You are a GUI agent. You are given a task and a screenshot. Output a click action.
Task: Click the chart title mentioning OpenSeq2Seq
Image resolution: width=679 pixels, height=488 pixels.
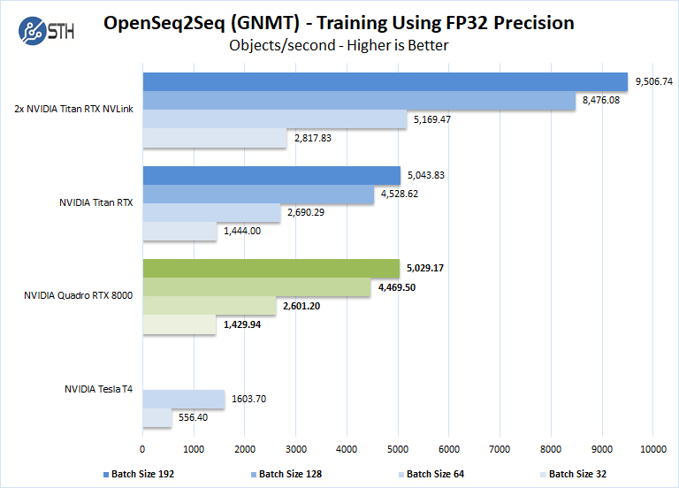coord(339,22)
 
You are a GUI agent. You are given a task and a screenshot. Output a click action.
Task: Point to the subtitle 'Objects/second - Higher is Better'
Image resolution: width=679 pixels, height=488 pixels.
coord(339,45)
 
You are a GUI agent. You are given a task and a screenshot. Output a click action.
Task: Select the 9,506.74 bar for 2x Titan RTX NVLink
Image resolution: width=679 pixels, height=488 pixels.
coord(385,81)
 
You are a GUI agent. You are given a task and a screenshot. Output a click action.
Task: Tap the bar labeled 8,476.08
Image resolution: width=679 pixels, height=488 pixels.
coord(358,101)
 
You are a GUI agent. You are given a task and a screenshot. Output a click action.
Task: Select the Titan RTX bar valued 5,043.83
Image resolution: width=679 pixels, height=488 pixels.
coord(271,175)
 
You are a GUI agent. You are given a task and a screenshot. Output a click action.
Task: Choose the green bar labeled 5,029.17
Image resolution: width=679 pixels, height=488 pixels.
coord(271,268)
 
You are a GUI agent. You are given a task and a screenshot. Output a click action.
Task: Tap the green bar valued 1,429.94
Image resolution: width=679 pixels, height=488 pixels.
coord(179,324)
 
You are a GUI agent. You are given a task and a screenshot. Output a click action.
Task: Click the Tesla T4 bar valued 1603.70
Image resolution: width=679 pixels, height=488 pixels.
coord(183,400)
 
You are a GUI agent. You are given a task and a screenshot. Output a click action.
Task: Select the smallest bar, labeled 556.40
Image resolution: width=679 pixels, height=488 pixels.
coord(156,418)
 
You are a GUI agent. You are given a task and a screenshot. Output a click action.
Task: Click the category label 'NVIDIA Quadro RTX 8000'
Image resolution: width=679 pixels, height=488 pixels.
coord(79,296)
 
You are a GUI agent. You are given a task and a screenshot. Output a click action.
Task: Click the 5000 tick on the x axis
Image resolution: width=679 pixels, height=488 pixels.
coord(398,448)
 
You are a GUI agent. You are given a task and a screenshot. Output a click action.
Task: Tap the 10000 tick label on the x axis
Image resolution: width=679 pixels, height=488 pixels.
coord(653,448)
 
